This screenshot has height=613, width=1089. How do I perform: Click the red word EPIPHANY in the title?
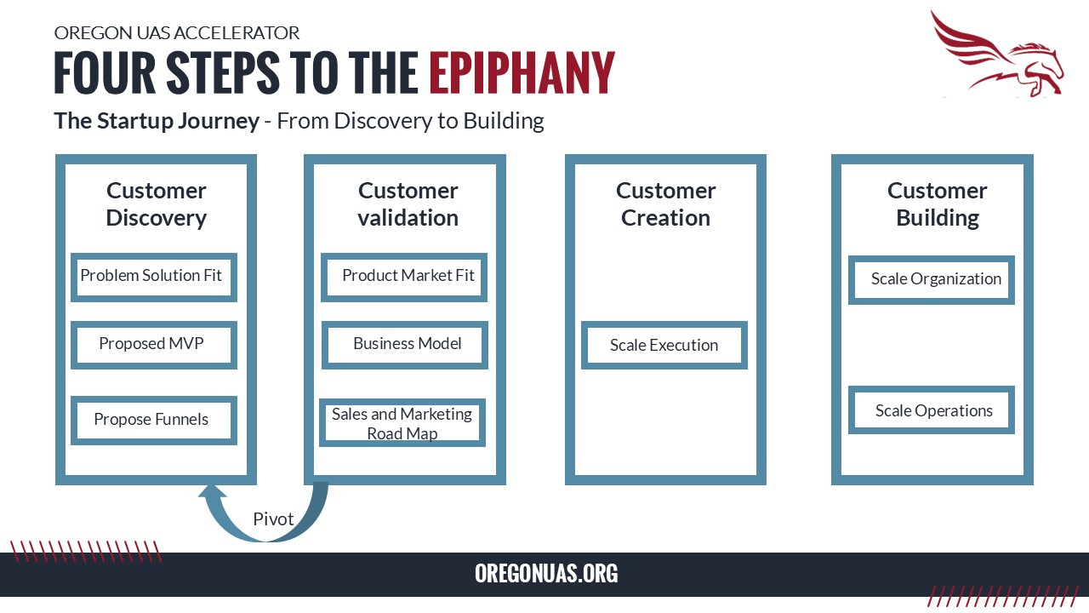pyautogui.click(x=522, y=72)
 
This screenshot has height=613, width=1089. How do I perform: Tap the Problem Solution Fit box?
pyautogui.click(x=154, y=277)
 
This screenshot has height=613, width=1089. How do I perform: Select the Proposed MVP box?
pyautogui.click(x=154, y=345)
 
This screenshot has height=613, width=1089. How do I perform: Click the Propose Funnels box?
pyautogui.click(x=154, y=421)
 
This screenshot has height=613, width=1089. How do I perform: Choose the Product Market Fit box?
pyautogui.click(x=404, y=277)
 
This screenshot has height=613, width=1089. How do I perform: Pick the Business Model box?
pyautogui.click(x=404, y=345)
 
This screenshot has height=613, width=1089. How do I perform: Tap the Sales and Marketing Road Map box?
pyautogui.click(x=402, y=423)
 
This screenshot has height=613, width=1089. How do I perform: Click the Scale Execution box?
pyautogui.click(x=664, y=345)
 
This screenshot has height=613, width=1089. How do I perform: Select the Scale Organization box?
pyautogui.click(x=932, y=280)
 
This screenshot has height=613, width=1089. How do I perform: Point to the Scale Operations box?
pyautogui.click(x=932, y=410)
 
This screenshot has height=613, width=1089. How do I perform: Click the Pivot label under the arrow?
pyautogui.click(x=273, y=519)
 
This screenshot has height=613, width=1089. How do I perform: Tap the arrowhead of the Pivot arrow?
pyautogui.click(x=212, y=490)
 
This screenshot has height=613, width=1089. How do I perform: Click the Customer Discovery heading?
pyautogui.click(x=156, y=203)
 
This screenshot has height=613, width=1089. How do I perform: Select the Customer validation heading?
pyautogui.click(x=408, y=203)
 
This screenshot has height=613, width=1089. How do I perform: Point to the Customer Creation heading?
pyautogui.click(x=665, y=203)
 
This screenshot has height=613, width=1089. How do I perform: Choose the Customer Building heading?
pyautogui.click(x=938, y=203)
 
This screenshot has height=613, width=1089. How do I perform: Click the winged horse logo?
pyautogui.click(x=996, y=54)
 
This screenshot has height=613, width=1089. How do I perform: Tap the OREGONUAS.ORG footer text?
pyautogui.click(x=546, y=574)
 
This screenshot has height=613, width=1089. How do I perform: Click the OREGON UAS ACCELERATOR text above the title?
pyautogui.click(x=176, y=33)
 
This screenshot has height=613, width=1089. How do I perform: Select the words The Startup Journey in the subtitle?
pyautogui.click(x=156, y=121)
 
